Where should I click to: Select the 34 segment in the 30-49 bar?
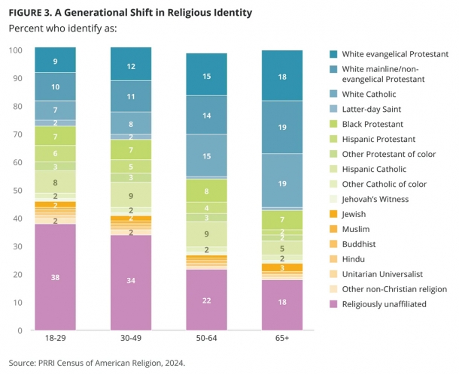click(x=131, y=282)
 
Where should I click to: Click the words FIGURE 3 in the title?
click(x=31, y=13)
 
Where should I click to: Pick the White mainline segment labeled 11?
click(x=131, y=97)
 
